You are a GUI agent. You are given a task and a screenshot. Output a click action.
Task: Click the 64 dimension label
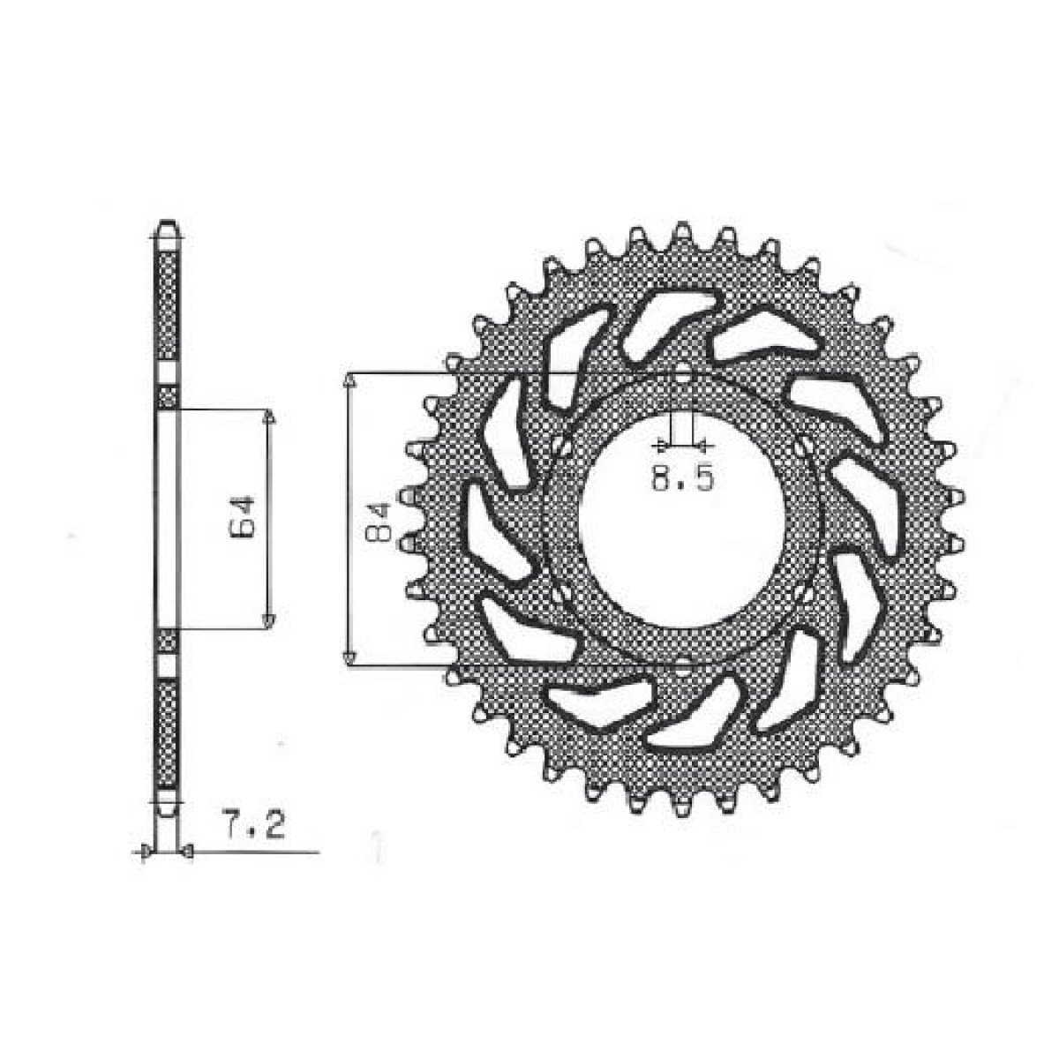pos(244,517)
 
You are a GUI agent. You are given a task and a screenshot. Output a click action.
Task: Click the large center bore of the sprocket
pos(682,521)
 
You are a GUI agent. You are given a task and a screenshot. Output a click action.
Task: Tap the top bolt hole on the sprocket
pos(682,375)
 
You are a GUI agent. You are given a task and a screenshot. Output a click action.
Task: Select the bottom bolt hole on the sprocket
pos(682,667)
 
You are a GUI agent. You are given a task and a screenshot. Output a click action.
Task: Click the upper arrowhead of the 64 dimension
pos(269,417)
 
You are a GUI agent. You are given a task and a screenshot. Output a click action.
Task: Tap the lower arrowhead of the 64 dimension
pos(269,622)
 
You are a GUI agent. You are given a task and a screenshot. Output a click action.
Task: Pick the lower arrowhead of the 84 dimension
pos(349,657)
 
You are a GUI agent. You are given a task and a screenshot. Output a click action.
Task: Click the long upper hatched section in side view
pos(168,304)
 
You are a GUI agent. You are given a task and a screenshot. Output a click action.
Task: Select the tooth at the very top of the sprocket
pos(680,230)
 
